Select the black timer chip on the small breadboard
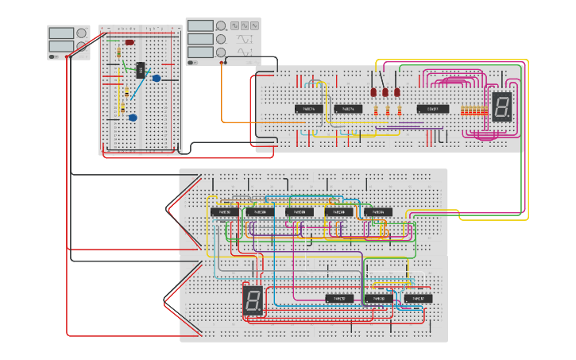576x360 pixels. (140, 70)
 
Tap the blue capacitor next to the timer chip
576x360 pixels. (156, 78)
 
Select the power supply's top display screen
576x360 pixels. (61, 33)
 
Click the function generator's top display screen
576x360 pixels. (201, 25)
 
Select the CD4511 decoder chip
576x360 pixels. (433, 108)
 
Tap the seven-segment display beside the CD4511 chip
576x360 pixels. (501, 106)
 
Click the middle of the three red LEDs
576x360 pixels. (385, 92)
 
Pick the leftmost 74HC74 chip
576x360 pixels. (308, 108)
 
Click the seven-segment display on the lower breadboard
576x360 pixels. (253, 300)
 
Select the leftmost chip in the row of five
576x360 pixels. (223, 212)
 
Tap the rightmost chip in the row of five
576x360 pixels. (378, 212)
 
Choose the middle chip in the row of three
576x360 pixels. (378, 299)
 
